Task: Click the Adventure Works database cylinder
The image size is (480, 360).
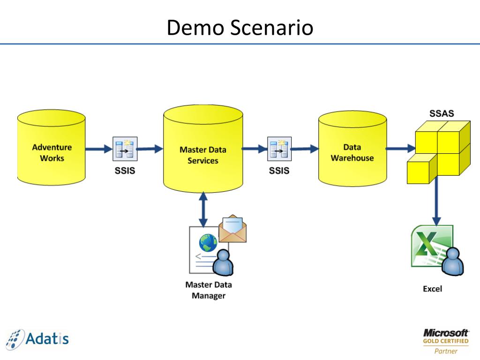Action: pyautogui.click(x=51, y=148)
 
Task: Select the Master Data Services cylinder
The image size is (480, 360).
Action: pyautogui.click(x=203, y=149)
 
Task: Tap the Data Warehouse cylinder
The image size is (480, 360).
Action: pyautogui.click(x=352, y=149)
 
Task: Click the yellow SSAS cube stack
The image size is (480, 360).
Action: pyautogui.click(x=439, y=152)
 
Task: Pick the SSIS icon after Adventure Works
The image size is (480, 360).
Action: pyautogui.click(x=125, y=149)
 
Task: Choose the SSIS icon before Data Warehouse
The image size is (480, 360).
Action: pyautogui.click(x=279, y=149)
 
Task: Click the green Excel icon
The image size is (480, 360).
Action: pyautogui.click(x=432, y=246)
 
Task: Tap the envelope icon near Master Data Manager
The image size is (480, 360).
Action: pyautogui.click(x=232, y=229)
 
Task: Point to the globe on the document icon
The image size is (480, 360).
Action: pyautogui.click(x=208, y=242)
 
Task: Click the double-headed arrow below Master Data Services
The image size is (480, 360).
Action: pyautogui.click(x=203, y=210)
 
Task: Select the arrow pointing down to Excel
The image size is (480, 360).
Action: pyautogui.click(x=436, y=201)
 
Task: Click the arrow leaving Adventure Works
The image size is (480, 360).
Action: pyautogui.click(x=99, y=149)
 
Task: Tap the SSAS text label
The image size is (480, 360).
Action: pyautogui.click(x=442, y=113)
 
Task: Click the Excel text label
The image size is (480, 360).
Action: pyautogui.click(x=432, y=289)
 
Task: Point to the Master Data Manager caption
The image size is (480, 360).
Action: pyautogui.click(x=209, y=290)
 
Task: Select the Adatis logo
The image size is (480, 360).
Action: pyautogui.click(x=37, y=339)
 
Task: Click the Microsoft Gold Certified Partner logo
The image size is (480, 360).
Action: pyautogui.click(x=446, y=342)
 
